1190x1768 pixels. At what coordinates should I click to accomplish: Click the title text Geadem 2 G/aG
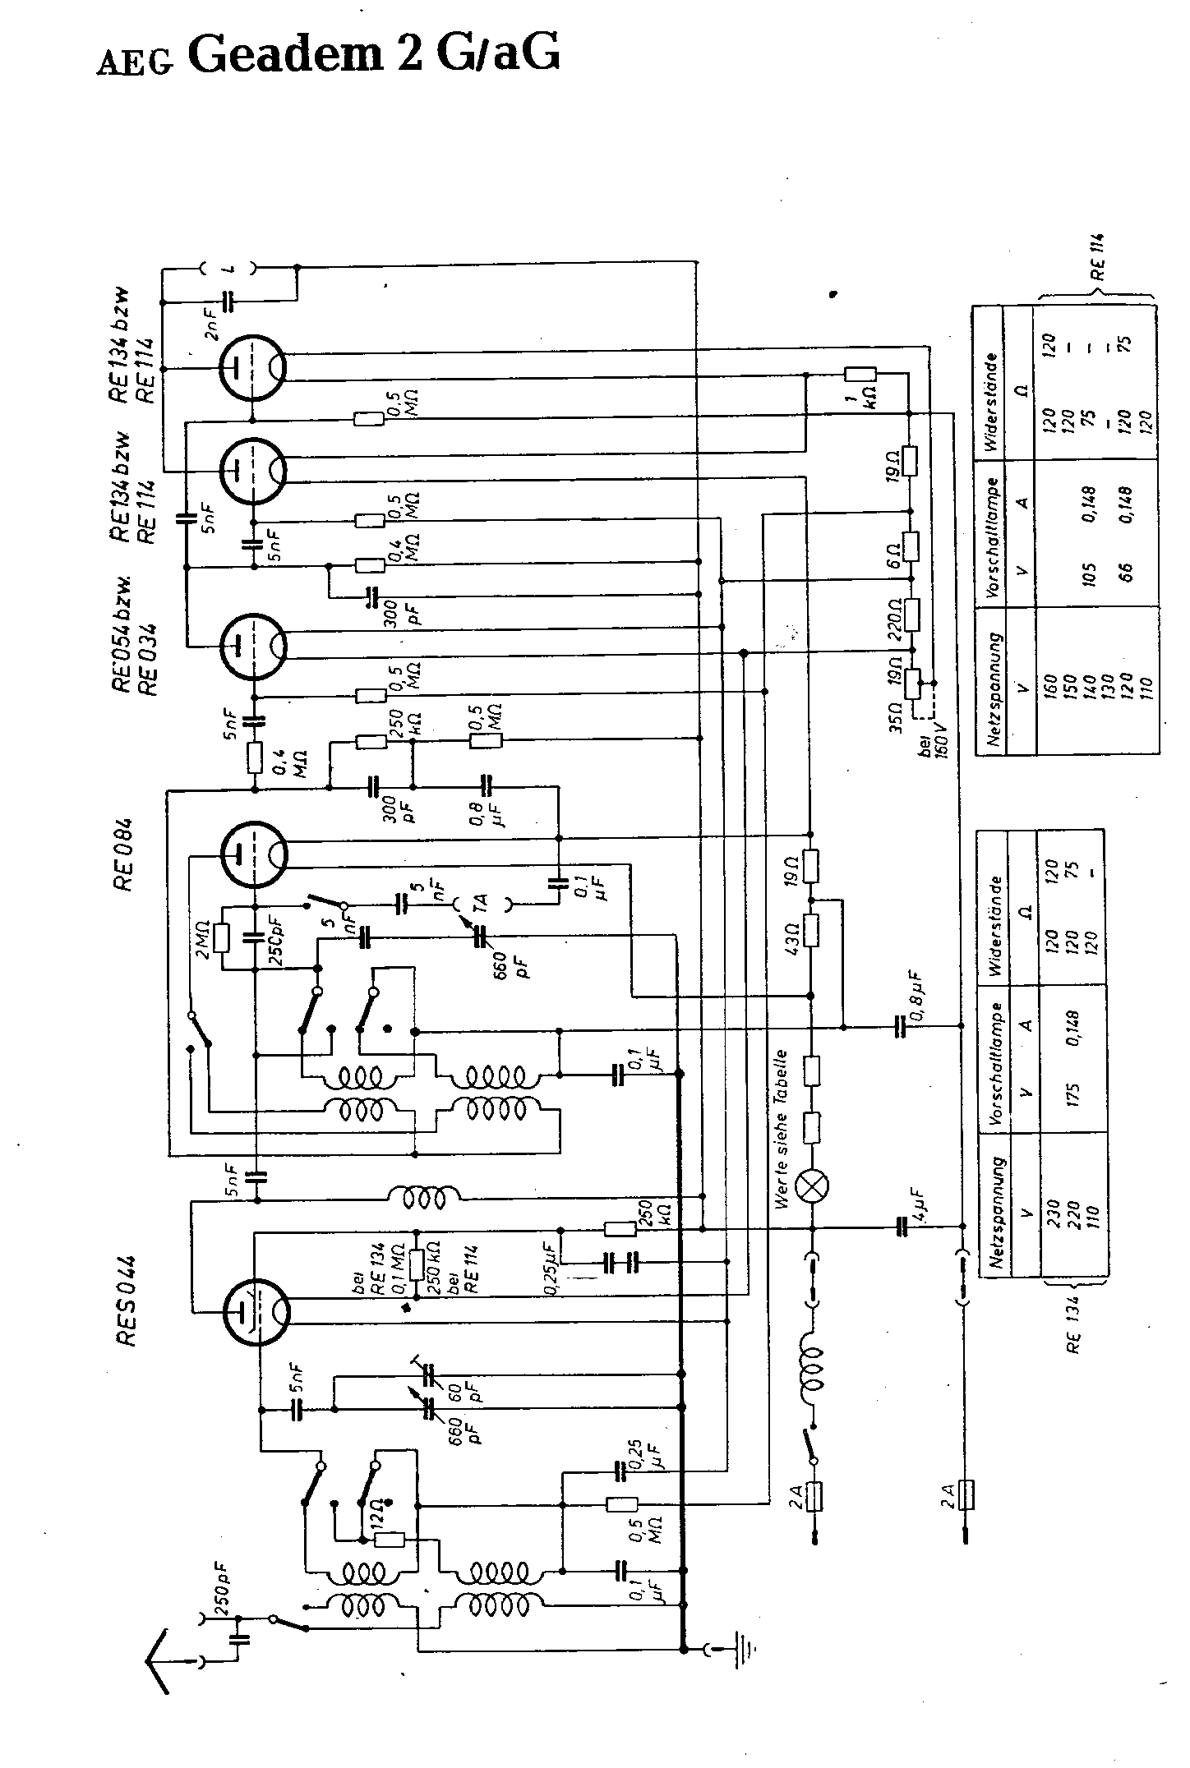point(375,54)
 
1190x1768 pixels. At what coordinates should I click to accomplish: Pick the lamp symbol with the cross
point(813,1185)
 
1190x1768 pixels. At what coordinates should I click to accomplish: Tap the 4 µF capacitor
point(904,1227)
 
